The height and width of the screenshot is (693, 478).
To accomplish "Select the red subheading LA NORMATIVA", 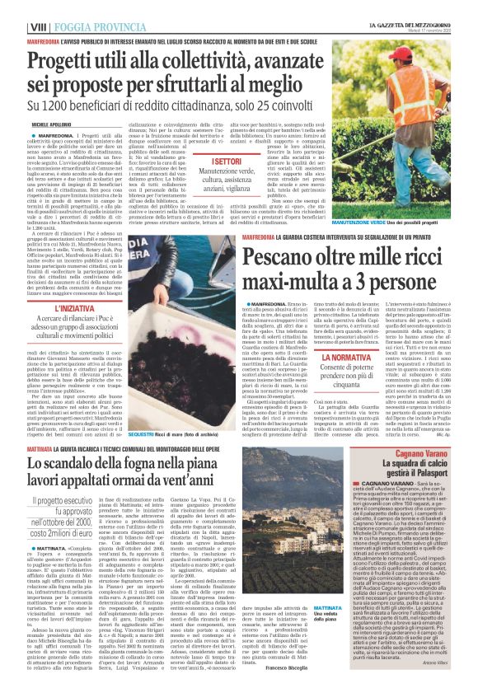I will (347, 359).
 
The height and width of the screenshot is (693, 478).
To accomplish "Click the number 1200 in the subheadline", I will (91, 106).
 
